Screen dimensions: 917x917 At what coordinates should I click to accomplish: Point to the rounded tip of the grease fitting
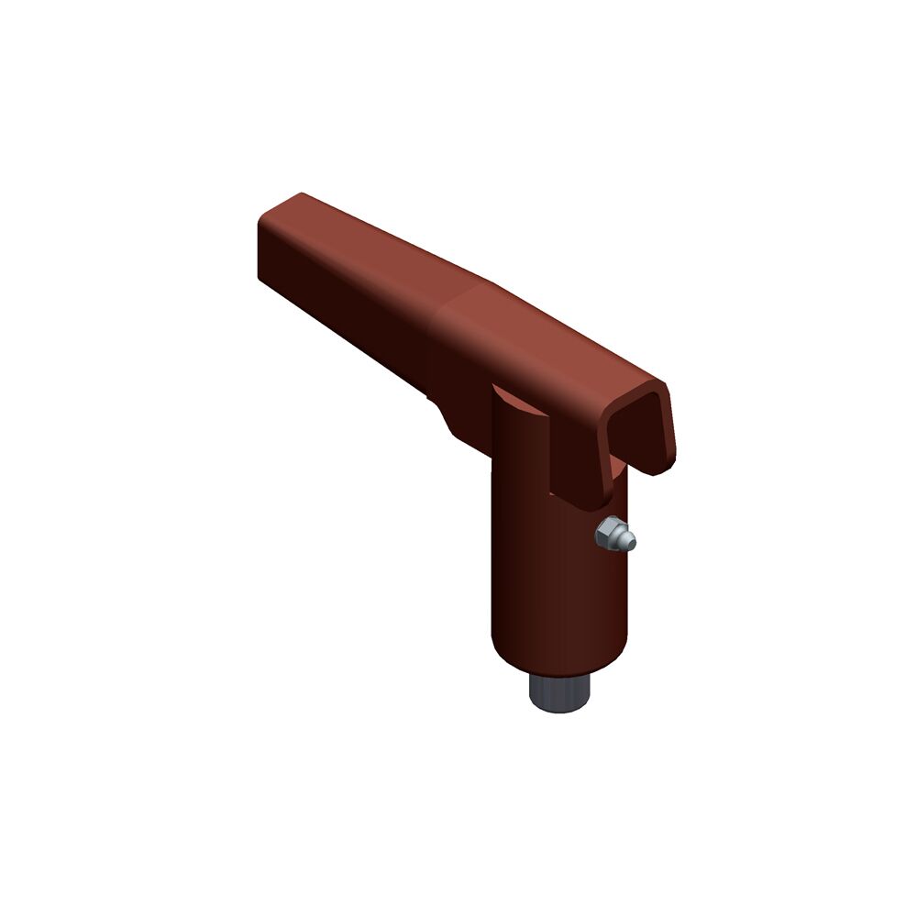coord(629,544)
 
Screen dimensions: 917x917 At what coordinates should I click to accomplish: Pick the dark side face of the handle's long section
coord(348,293)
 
